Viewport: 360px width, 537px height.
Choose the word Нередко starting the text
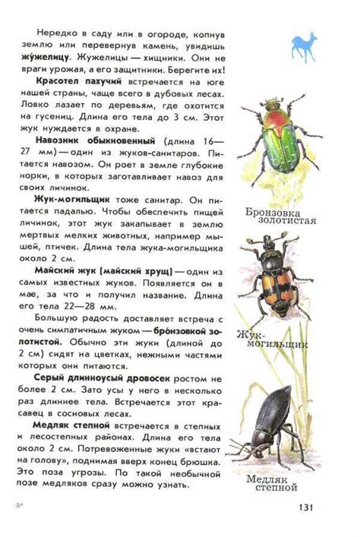click(54, 34)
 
